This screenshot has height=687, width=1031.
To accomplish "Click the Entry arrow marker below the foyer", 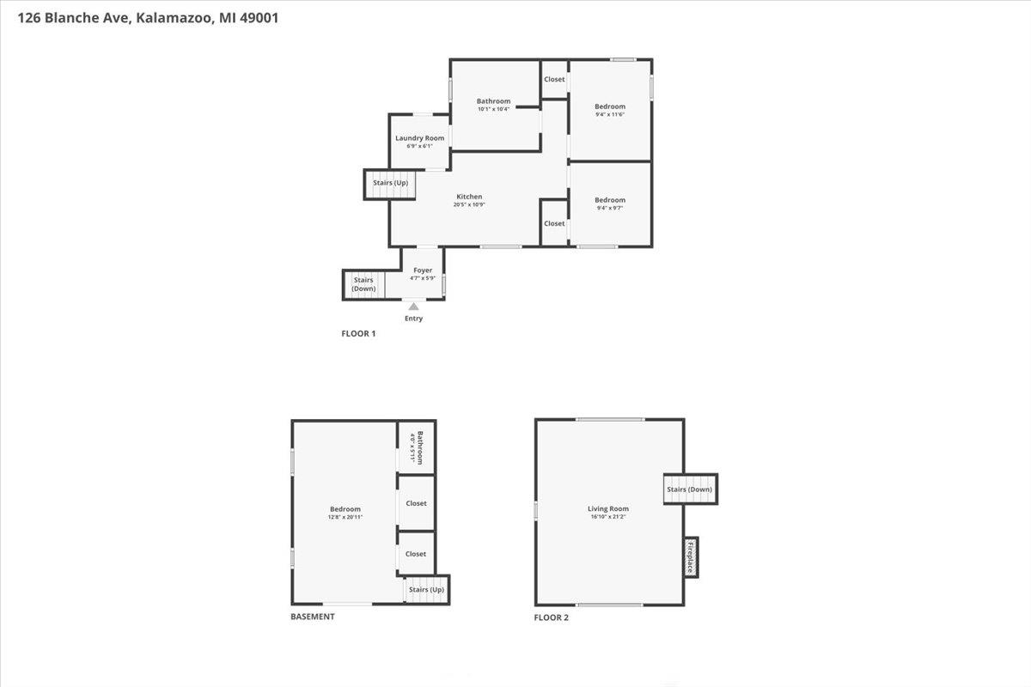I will point(414,306).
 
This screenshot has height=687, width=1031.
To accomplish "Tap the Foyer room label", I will point(423,271).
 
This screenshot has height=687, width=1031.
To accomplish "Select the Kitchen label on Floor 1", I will point(469,198).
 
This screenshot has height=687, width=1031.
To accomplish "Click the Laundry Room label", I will point(419,139).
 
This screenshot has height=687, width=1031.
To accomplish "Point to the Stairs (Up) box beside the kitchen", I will point(390,184).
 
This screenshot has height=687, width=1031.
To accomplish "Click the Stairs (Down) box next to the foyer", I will point(363,284).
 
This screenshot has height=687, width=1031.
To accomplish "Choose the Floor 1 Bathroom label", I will point(494,101).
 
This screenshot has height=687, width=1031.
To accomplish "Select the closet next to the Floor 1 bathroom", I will point(554,80).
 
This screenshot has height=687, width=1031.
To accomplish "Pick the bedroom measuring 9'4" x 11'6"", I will point(610,107).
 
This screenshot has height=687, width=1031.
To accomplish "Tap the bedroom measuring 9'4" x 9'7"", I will point(610,201).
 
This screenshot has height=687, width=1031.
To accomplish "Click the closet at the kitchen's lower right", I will point(554,223).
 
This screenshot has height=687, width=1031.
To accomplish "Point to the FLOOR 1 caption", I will point(358,333).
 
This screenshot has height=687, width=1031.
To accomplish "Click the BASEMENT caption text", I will point(313,617).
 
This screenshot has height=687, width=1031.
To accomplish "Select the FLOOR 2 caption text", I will point(551,617).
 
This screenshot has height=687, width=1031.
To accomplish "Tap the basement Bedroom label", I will point(345,509).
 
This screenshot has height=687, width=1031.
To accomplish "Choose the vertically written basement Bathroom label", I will point(417,447).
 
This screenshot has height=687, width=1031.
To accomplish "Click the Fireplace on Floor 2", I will point(690,557).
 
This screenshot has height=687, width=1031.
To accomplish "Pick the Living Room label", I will point(608,509).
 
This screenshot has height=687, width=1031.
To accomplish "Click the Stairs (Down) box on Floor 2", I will point(689,489).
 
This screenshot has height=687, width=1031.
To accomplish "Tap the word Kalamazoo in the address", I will point(168,16).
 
